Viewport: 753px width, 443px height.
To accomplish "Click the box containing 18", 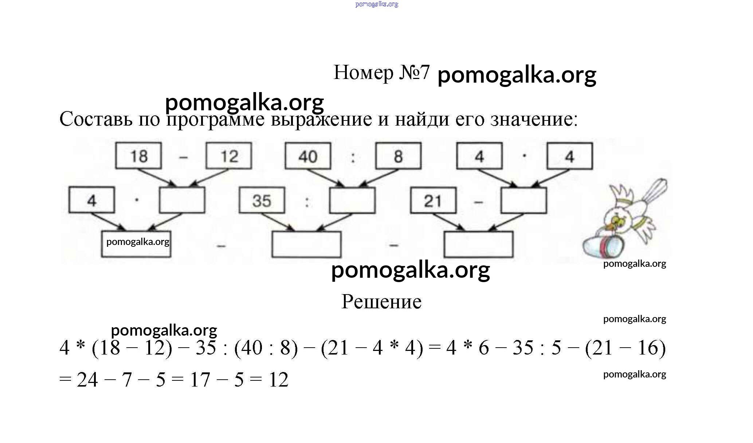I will click(x=138, y=156).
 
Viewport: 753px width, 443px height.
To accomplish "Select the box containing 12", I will click(x=229, y=156).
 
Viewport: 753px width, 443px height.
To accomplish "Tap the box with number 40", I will click(x=308, y=156).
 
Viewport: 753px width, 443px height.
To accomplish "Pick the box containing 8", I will click(x=398, y=156).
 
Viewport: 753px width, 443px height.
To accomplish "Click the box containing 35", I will click(x=262, y=200).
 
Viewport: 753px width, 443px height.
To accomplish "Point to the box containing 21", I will click(x=433, y=201).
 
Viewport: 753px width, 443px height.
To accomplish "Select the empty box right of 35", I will click(x=352, y=200).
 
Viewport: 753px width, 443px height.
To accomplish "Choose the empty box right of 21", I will click(x=523, y=201).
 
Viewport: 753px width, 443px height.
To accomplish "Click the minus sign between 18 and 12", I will click(x=183, y=157).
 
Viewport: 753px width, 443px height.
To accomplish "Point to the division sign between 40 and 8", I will click(x=353, y=157).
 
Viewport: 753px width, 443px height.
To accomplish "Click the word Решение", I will click(x=381, y=302).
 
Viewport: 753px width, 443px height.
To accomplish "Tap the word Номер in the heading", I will click(x=363, y=72).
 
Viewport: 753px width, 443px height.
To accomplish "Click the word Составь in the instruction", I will click(x=95, y=119).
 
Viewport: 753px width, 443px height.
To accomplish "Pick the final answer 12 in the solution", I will click(x=278, y=380).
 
